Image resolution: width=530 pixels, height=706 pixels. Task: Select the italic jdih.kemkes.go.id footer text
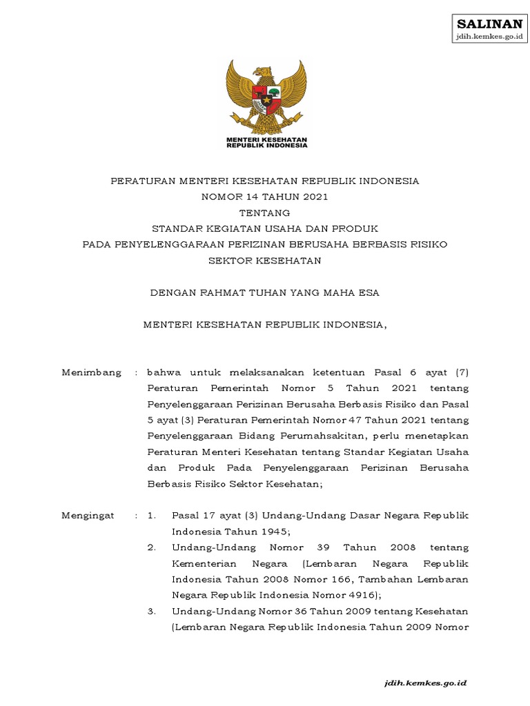(x=426, y=682)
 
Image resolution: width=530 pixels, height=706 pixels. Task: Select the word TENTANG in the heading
(x=265, y=212)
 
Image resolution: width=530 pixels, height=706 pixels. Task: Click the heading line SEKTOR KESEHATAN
(x=265, y=261)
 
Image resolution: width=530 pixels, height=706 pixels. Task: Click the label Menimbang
(x=91, y=372)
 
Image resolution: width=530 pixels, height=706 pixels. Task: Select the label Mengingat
(x=88, y=516)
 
